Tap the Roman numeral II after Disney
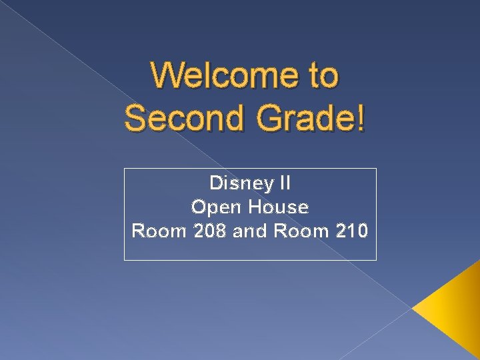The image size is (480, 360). pyautogui.click(x=285, y=183)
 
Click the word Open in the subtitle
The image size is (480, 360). pyautogui.click(x=216, y=207)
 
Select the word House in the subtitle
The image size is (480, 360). pyautogui.click(x=279, y=207)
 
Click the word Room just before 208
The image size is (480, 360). pyautogui.click(x=160, y=231)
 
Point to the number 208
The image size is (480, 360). pyautogui.click(x=210, y=231)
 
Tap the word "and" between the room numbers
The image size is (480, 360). pyautogui.click(x=249, y=231)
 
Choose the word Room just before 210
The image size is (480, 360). pyautogui.click(x=300, y=231)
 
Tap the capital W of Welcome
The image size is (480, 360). pyautogui.click(x=167, y=75)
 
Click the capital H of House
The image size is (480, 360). pyautogui.click(x=256, y=207)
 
